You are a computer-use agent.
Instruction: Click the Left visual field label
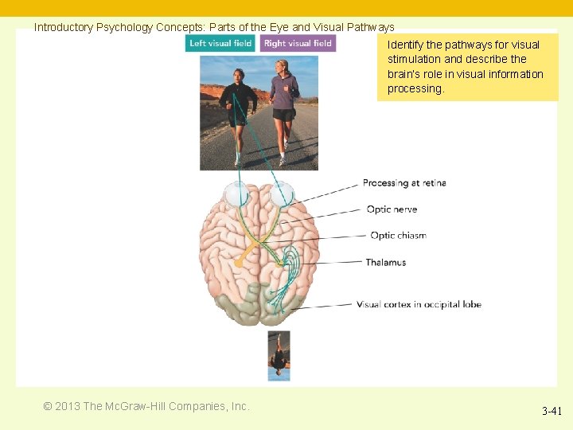point(220,43)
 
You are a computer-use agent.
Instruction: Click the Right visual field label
point(298,43)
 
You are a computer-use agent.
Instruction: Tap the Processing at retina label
point(404,183)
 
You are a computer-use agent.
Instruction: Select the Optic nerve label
point(392,209)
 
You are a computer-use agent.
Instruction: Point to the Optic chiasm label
point(398,236)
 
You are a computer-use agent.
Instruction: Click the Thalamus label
point(386,262)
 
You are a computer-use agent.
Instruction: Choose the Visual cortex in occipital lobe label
point(419,304)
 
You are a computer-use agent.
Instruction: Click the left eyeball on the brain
point(236,194)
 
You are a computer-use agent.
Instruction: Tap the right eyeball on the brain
point(281,194)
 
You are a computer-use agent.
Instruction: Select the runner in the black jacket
point(238,107)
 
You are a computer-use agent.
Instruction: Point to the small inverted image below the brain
point(279,355)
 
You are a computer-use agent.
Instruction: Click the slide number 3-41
point(552,412)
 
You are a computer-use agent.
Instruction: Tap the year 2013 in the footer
point(67,406)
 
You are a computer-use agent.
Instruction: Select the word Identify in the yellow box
point(405,45)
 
